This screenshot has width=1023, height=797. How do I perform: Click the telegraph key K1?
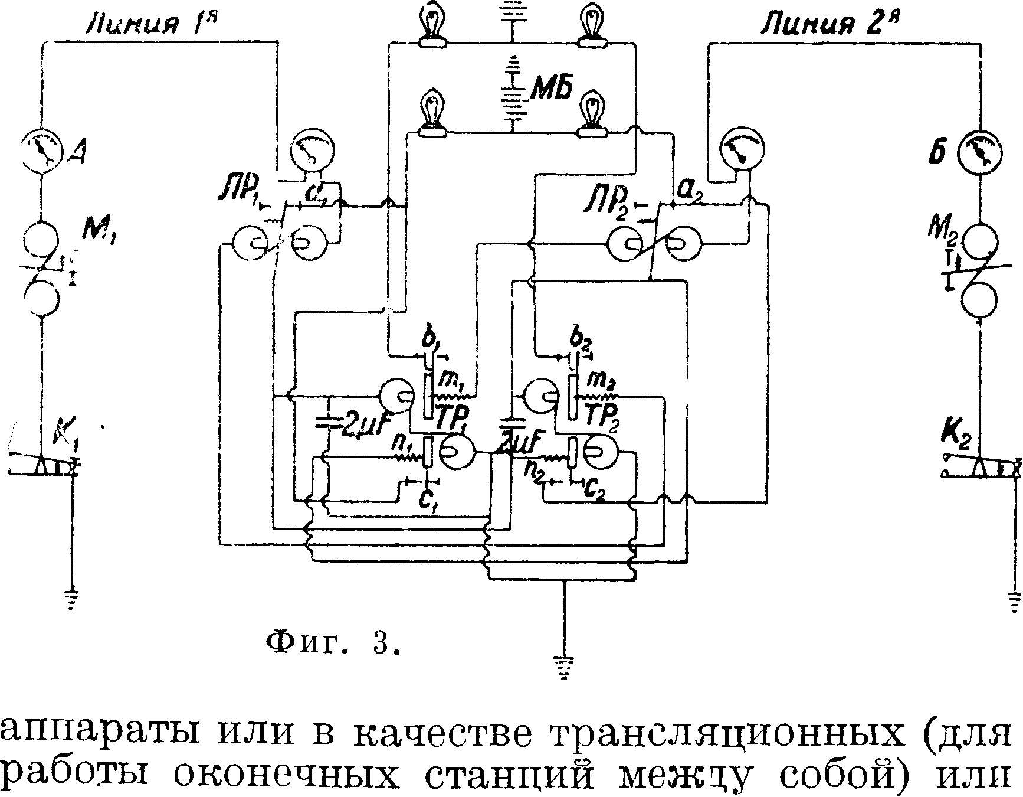pyautogui.click(x=44, y=463)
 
